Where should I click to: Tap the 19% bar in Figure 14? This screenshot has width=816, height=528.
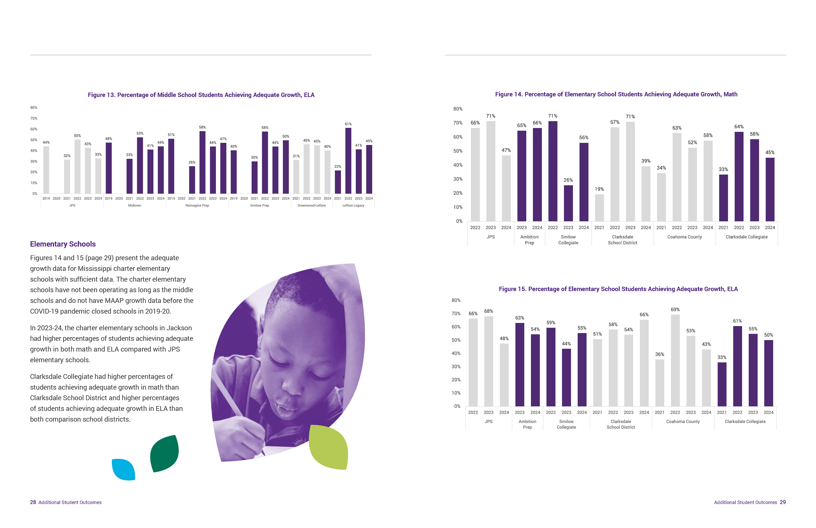click(x=599, y=208)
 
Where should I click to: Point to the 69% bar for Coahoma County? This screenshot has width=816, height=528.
click(x=675, y=360)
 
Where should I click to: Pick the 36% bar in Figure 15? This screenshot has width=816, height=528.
click(x=660, y=383)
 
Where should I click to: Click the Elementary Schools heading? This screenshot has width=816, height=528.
click(x=63, y=244)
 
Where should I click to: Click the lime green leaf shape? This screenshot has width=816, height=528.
click(x=329, y=447)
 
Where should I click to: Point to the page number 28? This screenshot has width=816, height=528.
click(x=33, y=502)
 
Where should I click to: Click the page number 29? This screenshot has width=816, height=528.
click(x=783, y=502)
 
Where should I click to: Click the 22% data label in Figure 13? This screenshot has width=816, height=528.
click(x=338, y=167)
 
